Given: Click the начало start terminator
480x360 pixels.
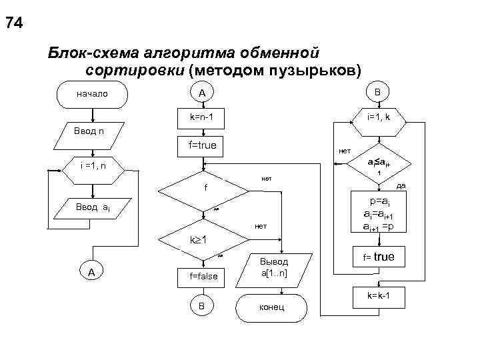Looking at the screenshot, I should click(x=92, y=94).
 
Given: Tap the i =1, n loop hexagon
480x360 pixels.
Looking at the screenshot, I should click(x=92, y=165).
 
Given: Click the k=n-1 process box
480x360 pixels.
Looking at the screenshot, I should click(x=201, y=117).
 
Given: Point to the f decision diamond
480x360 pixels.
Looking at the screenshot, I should click(x=205, y=189).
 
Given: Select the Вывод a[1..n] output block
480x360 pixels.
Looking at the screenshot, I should click(x=273, y=268).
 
